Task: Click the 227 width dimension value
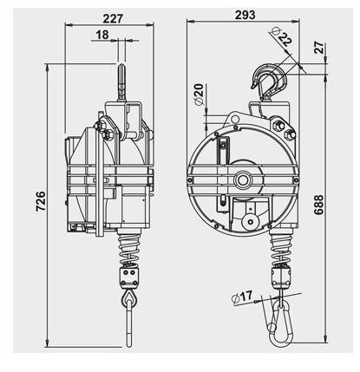click(x=113, y=19)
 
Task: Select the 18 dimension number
click(x=102, y=35)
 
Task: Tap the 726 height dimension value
click(x=41, y=201)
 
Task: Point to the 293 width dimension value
click(x=245, y=15)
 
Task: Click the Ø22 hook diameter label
click(x=281, y=37)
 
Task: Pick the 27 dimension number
click(x=319, y=48)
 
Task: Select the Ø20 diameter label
click(x=200, y=95)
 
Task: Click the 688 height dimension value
click(x=318, y=205)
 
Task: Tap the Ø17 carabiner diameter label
click(x=242, y=297)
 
